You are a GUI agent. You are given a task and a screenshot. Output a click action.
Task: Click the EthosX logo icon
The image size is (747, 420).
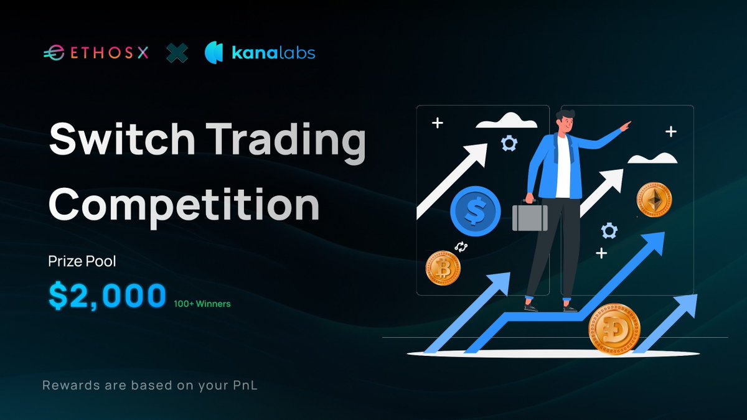52,54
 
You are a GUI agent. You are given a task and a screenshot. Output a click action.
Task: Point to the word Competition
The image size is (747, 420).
184,205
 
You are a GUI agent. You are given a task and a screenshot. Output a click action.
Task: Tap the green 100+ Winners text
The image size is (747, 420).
202,304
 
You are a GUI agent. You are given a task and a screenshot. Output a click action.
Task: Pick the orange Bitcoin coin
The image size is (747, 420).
443,268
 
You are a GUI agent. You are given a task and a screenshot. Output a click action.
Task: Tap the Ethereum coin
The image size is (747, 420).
654,200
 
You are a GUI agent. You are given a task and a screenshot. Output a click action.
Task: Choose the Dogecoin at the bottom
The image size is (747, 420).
614,329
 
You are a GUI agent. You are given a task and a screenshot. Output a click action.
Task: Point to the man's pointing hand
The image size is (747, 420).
625,125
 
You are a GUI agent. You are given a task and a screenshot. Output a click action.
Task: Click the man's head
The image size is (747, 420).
564,121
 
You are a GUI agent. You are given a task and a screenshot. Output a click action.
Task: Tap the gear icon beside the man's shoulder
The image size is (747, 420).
509,144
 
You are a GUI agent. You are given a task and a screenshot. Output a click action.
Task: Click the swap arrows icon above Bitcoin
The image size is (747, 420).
461,247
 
